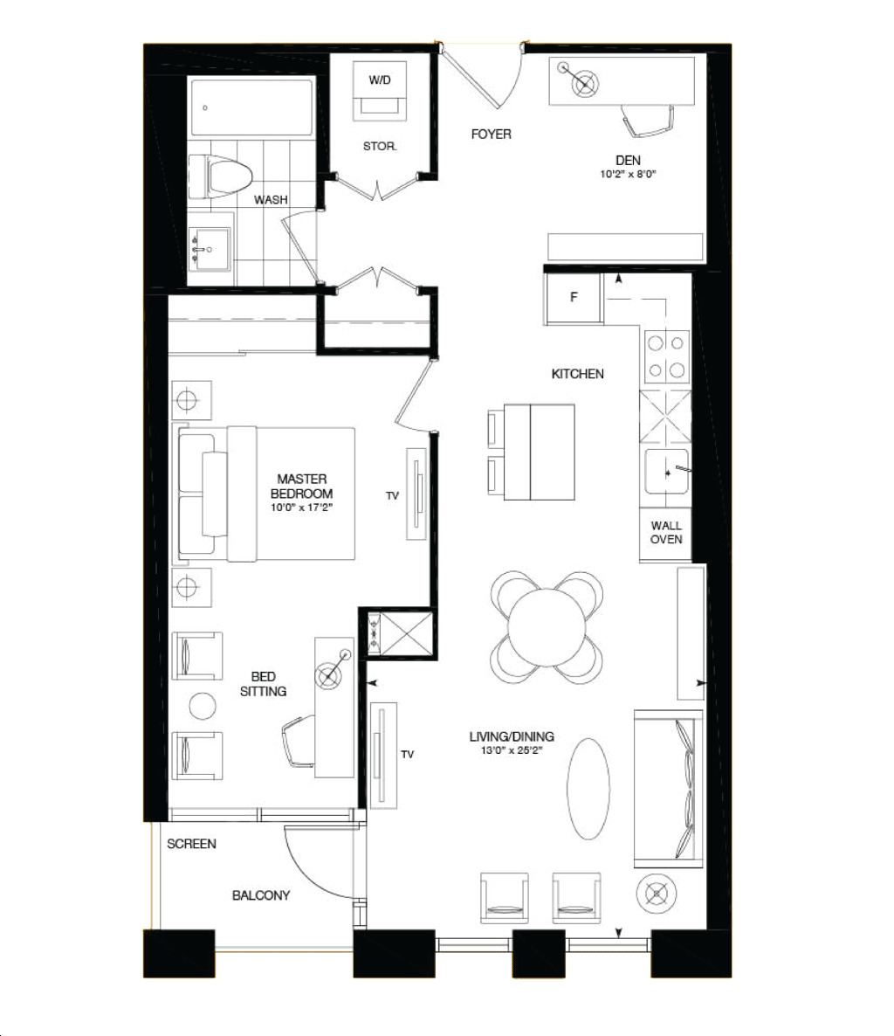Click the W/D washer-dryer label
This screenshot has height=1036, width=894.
(x=380, y=80)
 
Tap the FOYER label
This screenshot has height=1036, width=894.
(x=492, y=135)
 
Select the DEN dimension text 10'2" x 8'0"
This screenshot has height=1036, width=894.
(x=628, y=175)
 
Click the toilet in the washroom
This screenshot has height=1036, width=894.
(x=221, y=177)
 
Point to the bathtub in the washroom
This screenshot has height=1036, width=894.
(x=251, y=107)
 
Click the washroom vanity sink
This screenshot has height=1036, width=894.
(x=210, y=249)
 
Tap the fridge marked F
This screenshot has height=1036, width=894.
(x=573, y=298)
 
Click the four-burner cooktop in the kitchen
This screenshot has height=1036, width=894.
(x=666, y=356)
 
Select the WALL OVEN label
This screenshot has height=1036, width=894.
(x=666, y=533)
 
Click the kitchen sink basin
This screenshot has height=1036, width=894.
(x=666, y=471)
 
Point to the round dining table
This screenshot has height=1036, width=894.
(x=547, y=627)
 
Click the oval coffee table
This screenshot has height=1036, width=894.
(x=588, y=788)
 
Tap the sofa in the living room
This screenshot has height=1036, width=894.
(x=668, y=788)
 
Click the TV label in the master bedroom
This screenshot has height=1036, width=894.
(x=392, y=495)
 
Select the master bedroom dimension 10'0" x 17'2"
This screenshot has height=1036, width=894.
(x=301, y=508)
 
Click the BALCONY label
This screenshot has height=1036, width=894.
(x=261, y=895)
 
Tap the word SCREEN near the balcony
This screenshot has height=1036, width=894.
(x=191, y=844)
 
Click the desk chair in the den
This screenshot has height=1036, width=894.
(x=649, y=121)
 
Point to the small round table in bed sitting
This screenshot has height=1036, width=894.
(x=203, y=706)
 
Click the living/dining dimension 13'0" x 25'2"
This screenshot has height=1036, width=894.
(x=512, y=750)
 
